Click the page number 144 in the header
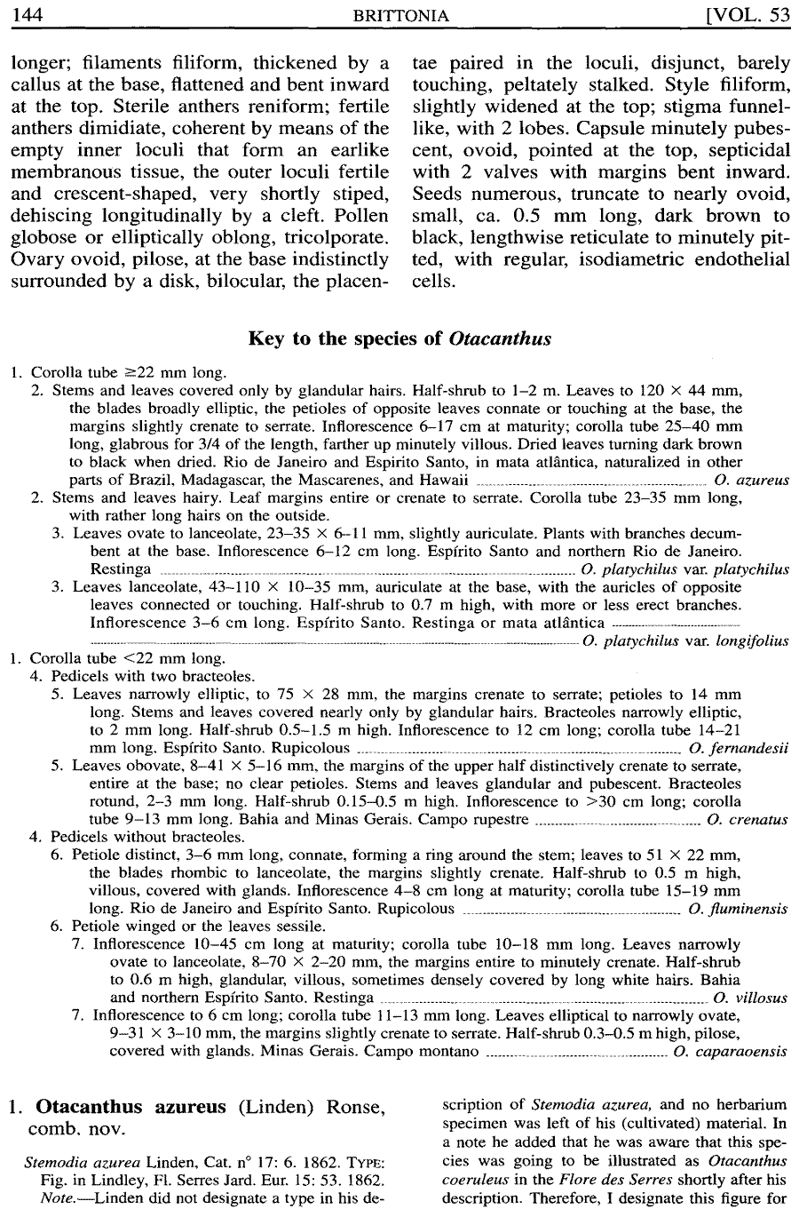pos(29,15)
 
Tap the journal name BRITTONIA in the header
pos(400,15)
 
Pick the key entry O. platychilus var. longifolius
pos(685,641)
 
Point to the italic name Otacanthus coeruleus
pos(736,1160)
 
